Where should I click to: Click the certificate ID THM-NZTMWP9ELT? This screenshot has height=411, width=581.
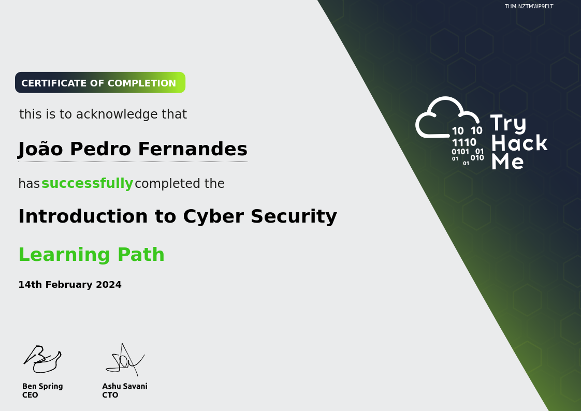tap(529, 6)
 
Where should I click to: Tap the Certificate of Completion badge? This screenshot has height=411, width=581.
tap(100, 83)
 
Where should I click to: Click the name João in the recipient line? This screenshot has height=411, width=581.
tap(41, 149)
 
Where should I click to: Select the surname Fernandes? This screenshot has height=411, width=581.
tap(193, 149)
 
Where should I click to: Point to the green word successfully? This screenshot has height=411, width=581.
tap(87, 183)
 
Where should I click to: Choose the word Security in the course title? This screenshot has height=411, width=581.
tap(294, 216)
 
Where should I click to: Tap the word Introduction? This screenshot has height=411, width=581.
tap(83, 216)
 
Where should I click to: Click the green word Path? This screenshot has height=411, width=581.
tap(141, 254)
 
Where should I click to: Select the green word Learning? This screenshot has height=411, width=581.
tap(65, 255)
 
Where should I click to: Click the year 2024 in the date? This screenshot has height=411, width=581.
tap(109, 284)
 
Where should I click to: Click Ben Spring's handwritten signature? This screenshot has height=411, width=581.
tap(42, 359)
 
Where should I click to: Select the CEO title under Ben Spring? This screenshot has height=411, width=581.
tap(30, 395)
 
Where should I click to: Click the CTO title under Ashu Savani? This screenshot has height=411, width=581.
tap(110, 395)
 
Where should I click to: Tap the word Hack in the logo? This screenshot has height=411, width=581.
tap(519, 143)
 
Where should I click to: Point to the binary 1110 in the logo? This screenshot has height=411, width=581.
tap(464, 142)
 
